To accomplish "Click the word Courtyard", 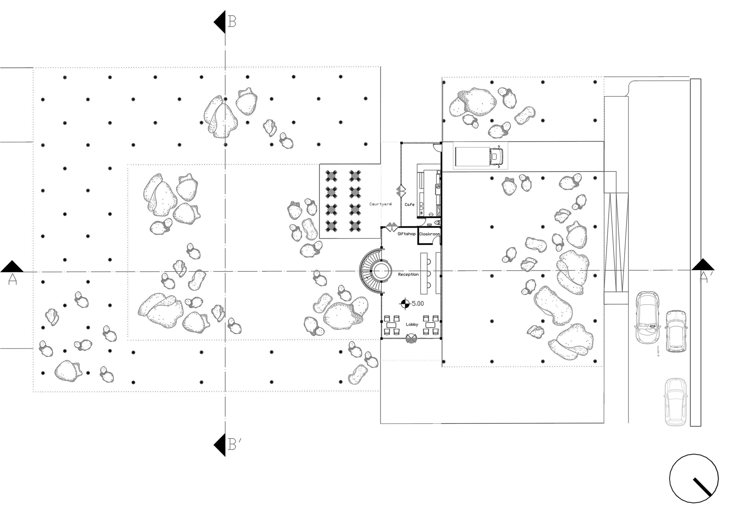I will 380,204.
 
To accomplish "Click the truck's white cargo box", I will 472,156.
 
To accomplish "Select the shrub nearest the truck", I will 525,116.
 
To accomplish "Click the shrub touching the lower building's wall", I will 358,374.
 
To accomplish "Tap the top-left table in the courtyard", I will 331,175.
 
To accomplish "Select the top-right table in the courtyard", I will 355,175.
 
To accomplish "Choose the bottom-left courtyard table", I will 331,225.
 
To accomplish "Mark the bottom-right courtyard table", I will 355,225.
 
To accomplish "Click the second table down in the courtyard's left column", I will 331,192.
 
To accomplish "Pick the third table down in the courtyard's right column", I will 355,209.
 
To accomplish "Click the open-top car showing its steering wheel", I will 647,318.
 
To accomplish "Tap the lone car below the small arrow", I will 675,402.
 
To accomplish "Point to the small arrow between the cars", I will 658,351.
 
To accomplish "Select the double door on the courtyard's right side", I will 398,191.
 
